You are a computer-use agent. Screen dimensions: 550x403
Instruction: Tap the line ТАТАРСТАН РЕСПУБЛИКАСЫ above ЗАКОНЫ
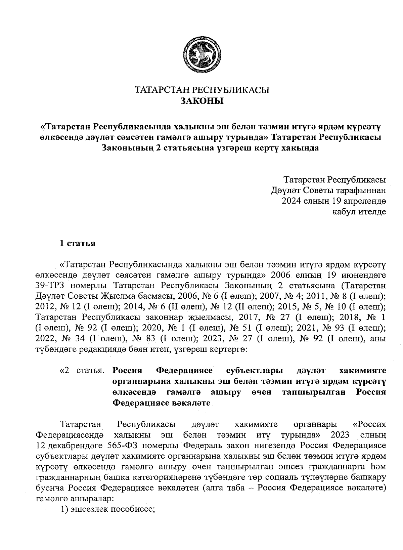[x=202, y=90]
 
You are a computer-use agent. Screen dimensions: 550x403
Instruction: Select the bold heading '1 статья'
[x=77, y=243]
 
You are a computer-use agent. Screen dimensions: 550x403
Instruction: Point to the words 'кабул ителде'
[x=359, y=212]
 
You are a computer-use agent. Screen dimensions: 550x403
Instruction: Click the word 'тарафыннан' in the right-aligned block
[x=361, y=191]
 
